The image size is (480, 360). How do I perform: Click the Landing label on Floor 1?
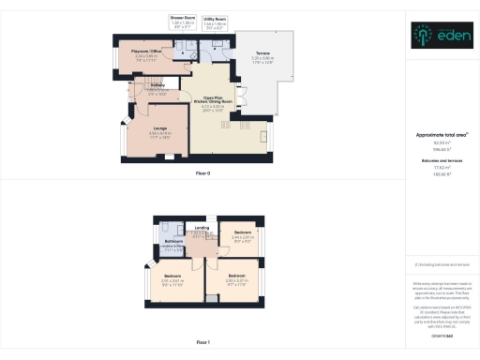[x=201, y=227]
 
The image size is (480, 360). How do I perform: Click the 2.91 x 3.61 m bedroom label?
[x=171, y=277]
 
